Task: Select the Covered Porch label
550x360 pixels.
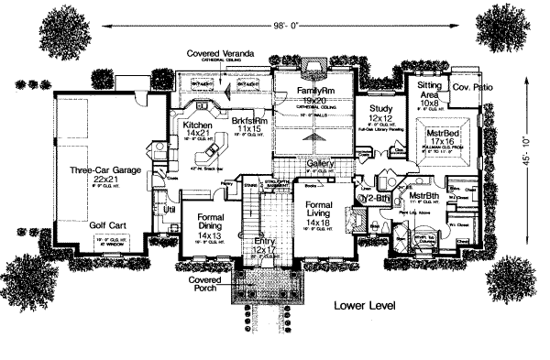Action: [206, 284]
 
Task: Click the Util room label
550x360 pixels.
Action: [169, 210]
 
